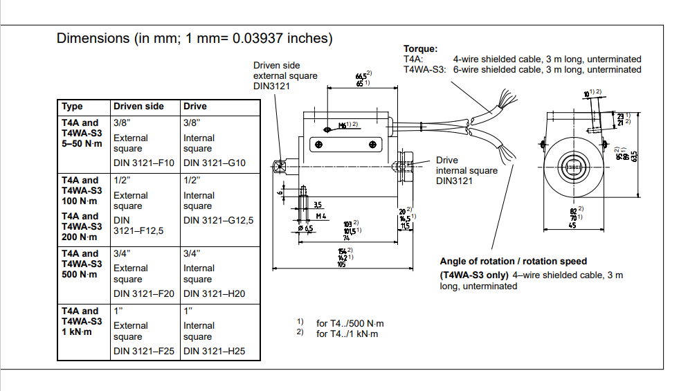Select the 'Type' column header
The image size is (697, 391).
pyautogui.click(x=72, y=107)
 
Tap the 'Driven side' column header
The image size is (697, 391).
pyautogui.click(x=138, y=107)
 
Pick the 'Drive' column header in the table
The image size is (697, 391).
pyautogui.click(x=195, y=107)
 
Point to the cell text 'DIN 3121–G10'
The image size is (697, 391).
pyautogui.click(x=215, y=164)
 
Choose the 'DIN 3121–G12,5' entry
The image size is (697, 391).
pyautogui.click(x=218, y=221)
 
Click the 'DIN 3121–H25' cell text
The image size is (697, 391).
pyautogui.click(x=215, y=351)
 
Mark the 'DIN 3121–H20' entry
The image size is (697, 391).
pyautogui.click(x=215, y=293)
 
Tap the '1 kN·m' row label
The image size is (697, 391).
pyautogui.click(x=77, y=332)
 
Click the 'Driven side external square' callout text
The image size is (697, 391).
pyautogui.click(x=285, y=75)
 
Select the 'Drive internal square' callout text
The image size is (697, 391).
pyautogui.click(x=467, y=170)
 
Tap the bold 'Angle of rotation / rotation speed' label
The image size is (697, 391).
pyautogui.click(x=513, y=262)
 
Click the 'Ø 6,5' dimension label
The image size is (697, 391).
pyautogui.click(x=305, y=228)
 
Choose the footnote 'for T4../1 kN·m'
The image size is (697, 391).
pyautogui.click(x=347, y=334)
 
